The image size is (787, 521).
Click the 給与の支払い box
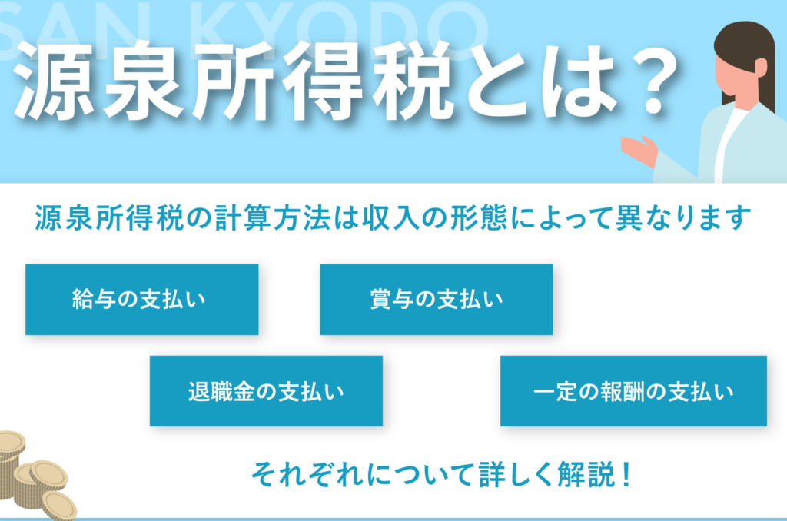tap(142, 299)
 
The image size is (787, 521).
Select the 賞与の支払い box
tap(437, 299)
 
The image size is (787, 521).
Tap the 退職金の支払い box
tap(266, 391)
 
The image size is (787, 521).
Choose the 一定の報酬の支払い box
tap(633, 391)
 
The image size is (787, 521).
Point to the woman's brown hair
tap(748, 55)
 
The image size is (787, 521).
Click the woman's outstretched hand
tap(639, 151)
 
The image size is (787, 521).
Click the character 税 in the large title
tap(409, 81)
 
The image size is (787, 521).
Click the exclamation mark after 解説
tap(626, 474)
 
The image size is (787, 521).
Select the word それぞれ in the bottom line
tap(307, 474)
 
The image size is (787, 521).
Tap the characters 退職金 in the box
tap(221, 391)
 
